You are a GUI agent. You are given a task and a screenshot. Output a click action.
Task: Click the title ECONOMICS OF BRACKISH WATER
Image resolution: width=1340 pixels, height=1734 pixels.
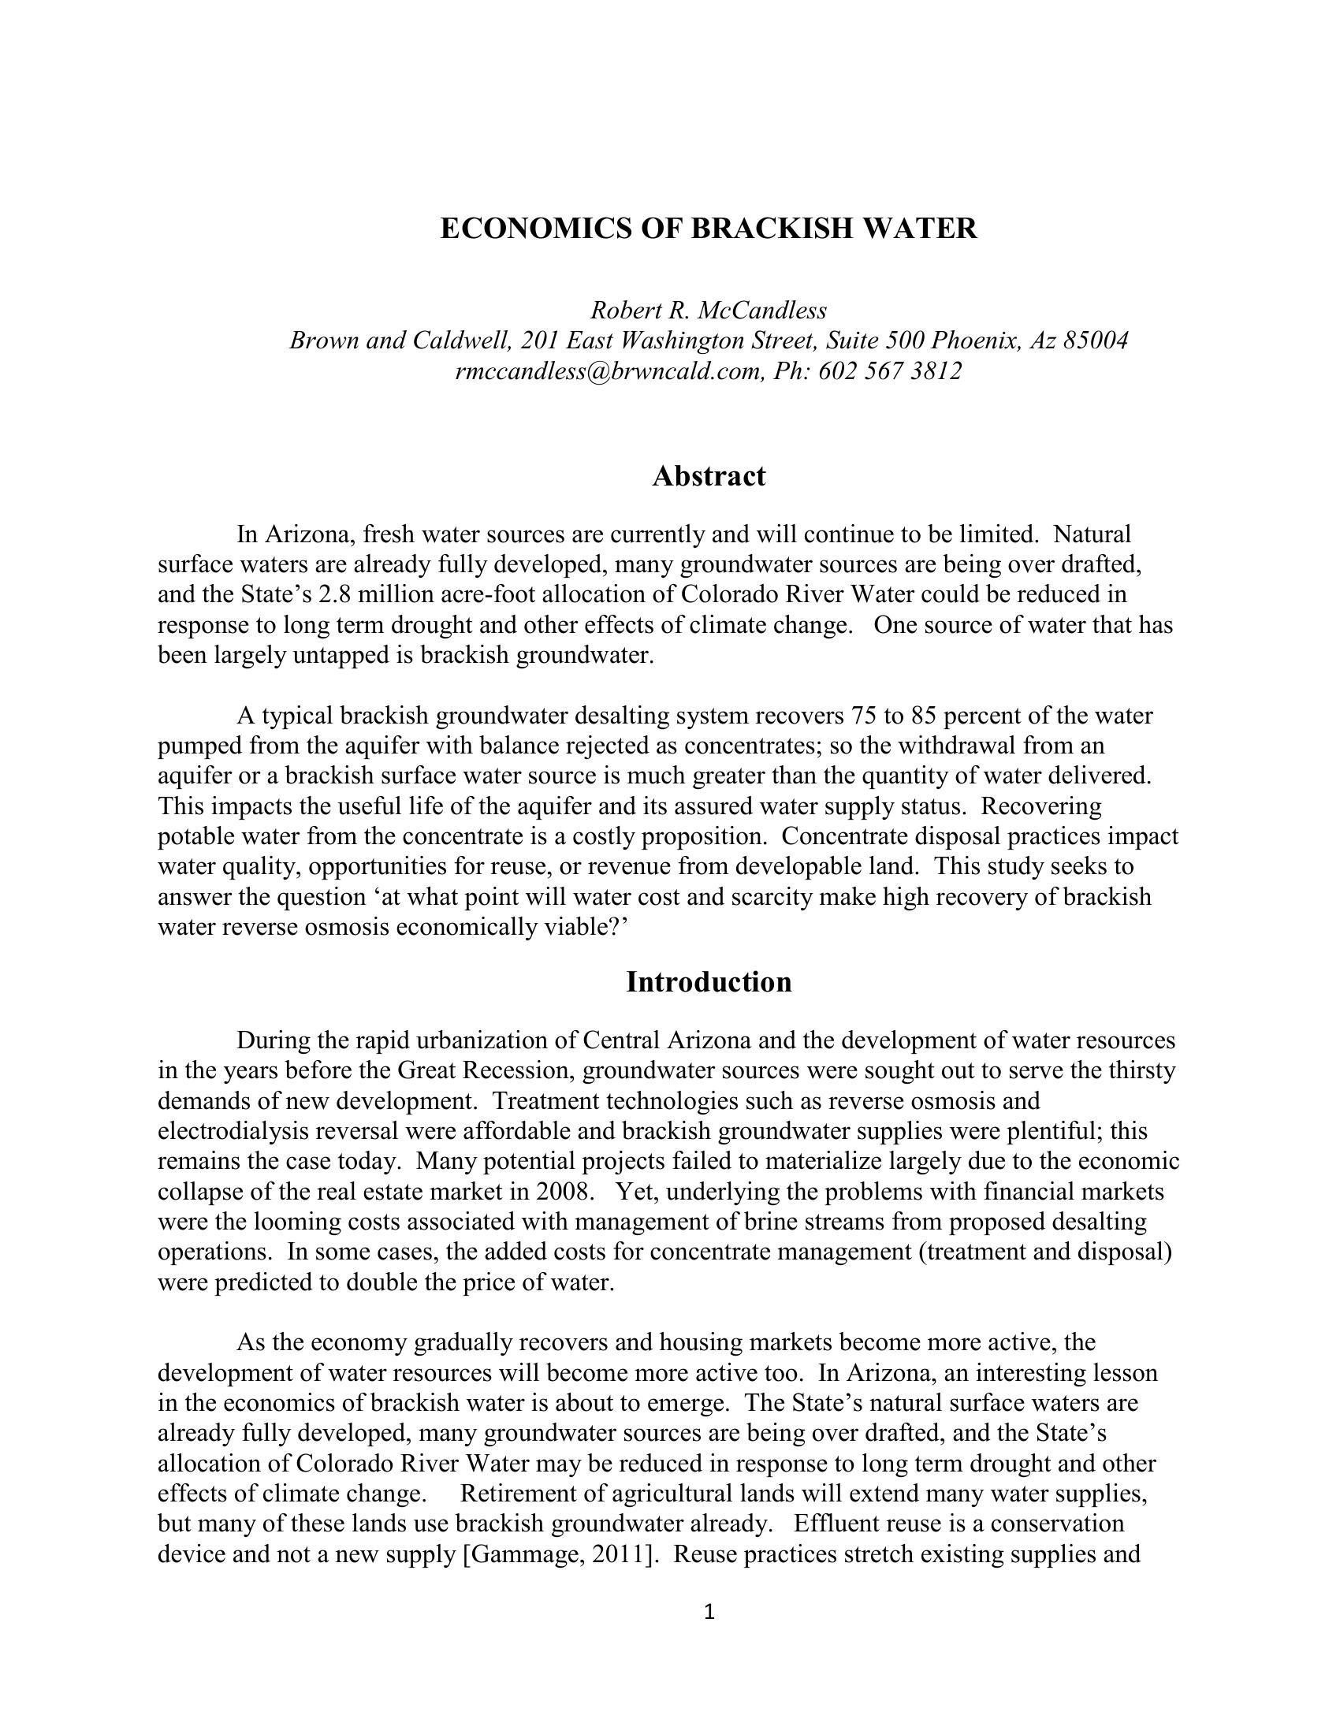[708, 229]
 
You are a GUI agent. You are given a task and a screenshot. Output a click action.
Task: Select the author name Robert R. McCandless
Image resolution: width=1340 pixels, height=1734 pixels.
[708, 310]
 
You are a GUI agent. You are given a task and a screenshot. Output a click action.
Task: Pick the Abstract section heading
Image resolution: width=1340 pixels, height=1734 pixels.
[708, 476]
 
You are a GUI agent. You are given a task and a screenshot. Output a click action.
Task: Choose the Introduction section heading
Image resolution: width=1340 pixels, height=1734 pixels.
[708, 982]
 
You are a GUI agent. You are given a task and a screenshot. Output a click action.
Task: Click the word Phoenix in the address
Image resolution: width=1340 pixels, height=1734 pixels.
[976, 340]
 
